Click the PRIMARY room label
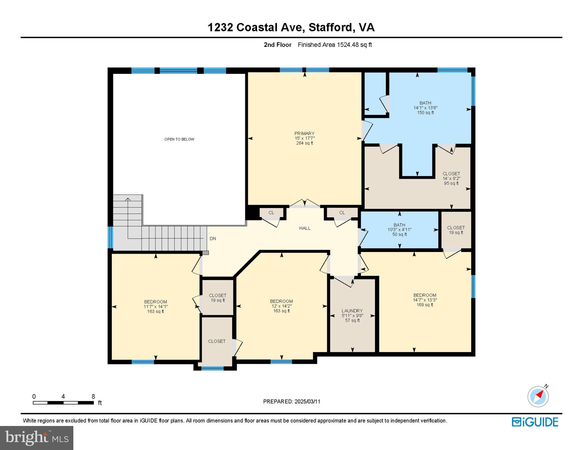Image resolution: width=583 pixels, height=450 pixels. pos(304,133)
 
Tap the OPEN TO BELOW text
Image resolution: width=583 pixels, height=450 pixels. pos(179,139)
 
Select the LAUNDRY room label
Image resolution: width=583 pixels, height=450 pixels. pos(352,311)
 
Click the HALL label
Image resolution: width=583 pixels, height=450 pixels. pos(305,228)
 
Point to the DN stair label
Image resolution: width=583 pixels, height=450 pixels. pos(213,238)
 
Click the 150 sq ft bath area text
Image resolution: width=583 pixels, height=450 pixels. pos(425,112)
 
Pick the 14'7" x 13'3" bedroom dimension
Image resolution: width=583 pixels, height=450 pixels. pos(425,300)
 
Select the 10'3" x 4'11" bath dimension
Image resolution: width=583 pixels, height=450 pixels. pos(399,230)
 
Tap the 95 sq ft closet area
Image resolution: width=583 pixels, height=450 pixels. pos(451,183)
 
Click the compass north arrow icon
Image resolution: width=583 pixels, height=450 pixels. pos(538,396)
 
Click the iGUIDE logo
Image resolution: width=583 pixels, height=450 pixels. pos(535,422)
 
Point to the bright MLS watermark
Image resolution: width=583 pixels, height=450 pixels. pos(37,438)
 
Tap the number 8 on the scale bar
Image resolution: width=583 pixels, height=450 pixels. pos(93,396)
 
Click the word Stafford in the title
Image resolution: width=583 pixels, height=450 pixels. pos(330,27)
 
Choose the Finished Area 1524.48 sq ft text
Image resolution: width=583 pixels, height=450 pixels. pos(335,45)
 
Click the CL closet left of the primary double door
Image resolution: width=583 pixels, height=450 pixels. pos(271,213)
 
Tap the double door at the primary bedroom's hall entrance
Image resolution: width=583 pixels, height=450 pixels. pos(305,203)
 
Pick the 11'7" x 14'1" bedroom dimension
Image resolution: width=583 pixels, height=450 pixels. pos(156,306)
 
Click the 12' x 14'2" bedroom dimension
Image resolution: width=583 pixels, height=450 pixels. pos(281,306)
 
